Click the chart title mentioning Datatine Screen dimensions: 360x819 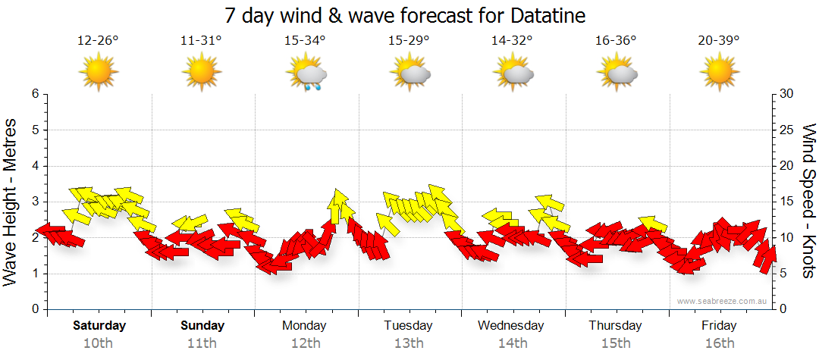click(x=406, y=15)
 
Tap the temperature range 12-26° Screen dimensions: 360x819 click(x=99, y=40)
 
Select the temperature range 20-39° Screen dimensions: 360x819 click(x=719, y=40)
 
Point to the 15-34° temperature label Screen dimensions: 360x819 click(x=305, y=40)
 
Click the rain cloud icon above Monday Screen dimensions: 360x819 click(x=306, y=74)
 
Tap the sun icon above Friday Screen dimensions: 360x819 click(x=719, y=74)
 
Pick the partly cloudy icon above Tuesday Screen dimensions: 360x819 click(x=410, y=74)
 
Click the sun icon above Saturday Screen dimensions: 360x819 click(x=99, y=74)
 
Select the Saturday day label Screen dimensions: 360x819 click(x=99, y=326)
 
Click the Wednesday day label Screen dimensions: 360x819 click(x=511, y=326)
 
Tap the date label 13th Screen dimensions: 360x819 click(x=409, y=343)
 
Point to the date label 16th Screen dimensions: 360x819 click(x=719, y=343)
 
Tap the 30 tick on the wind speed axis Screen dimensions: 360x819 click(x=786, y=94)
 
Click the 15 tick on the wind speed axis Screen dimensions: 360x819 click(x=786, y=202)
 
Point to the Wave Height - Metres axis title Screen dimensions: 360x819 click(x=11, y=201)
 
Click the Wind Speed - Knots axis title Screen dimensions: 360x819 click(x=808, y=201)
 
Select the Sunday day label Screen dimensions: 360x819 click(x=202, y=326)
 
